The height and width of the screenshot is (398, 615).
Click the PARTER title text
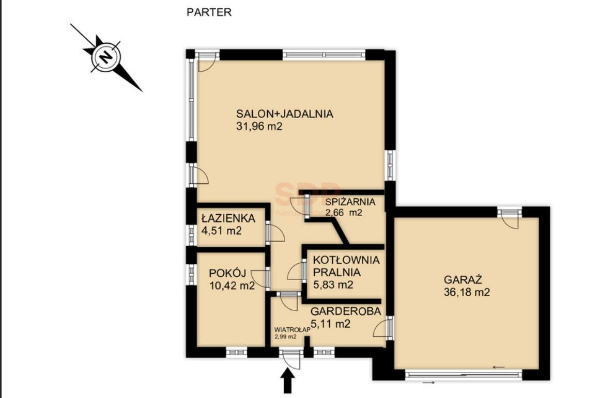pyautogui.click(x=209, y=12)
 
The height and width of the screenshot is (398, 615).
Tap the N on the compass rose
pyautogui.click(x=105, y=58)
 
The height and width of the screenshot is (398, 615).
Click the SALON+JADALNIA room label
pyautogui.click(x=285, y=114)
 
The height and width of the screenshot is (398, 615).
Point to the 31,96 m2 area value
pyautogui.click(x=259, y=126)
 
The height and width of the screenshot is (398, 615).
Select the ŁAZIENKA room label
pyautogui.click(x=228, y=218)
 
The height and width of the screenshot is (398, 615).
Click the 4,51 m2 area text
pyautogui.click(x=221, y=231)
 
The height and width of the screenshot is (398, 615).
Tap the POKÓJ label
pyautogui.click(x=227, y=273)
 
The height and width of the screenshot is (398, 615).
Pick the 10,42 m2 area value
pyautogui.click(x=232, y=285)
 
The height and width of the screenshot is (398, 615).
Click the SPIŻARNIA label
pyautogui.click(x=350, y=202)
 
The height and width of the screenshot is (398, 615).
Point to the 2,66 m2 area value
pyautogui.click(x=344, y=213)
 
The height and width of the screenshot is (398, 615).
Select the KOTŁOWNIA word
pyautogui.click(x=346, y=260)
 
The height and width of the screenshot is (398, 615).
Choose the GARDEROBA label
pyautogui.click(x=346, y=311)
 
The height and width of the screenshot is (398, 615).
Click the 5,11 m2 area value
pyautogui.click(x=330, y=324)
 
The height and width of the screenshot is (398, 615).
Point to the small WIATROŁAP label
pyautogui.click(x=292, y=329)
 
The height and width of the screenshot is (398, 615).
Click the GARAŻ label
pyautogui.click(x=463, y=280)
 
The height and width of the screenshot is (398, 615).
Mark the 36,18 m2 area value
pyautogui.click(x=467, y=292)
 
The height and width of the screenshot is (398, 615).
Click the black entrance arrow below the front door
pyautogui.click(x=287, y=381)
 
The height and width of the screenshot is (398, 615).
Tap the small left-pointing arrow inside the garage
pyautogui.click(x=499, y=367)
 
